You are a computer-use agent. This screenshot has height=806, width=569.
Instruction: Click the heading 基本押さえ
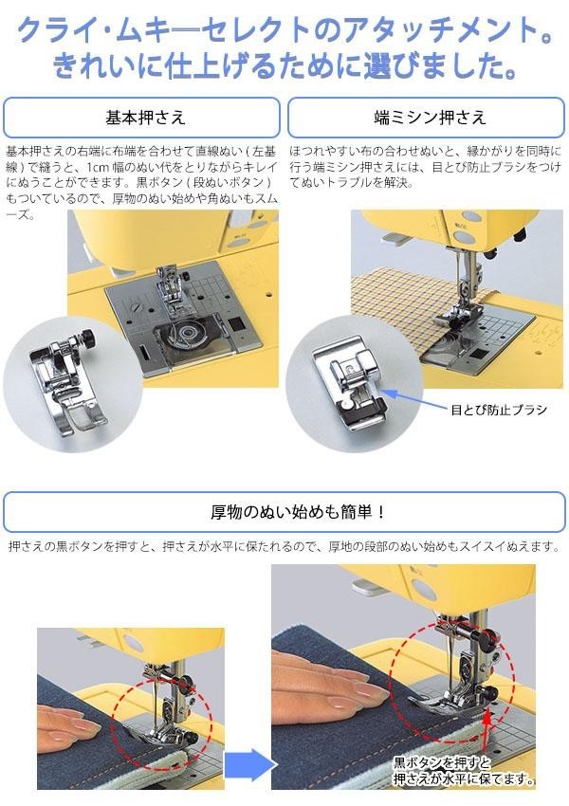[145, 118]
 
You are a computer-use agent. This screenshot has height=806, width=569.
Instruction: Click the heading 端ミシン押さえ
[430, 118]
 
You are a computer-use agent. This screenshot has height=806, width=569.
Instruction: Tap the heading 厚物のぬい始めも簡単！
[297, 512]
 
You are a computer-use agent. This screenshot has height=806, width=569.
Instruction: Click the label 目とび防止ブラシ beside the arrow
[498, 410]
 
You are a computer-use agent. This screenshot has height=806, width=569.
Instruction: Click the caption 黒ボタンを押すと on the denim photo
[443, 762]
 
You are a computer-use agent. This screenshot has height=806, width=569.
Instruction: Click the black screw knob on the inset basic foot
[89, 339]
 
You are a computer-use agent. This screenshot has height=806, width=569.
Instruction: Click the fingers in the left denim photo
[66, 723]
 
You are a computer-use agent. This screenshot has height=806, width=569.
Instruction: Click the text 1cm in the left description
[97, 167]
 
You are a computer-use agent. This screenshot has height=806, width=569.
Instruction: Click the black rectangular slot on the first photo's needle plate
[237, 323]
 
